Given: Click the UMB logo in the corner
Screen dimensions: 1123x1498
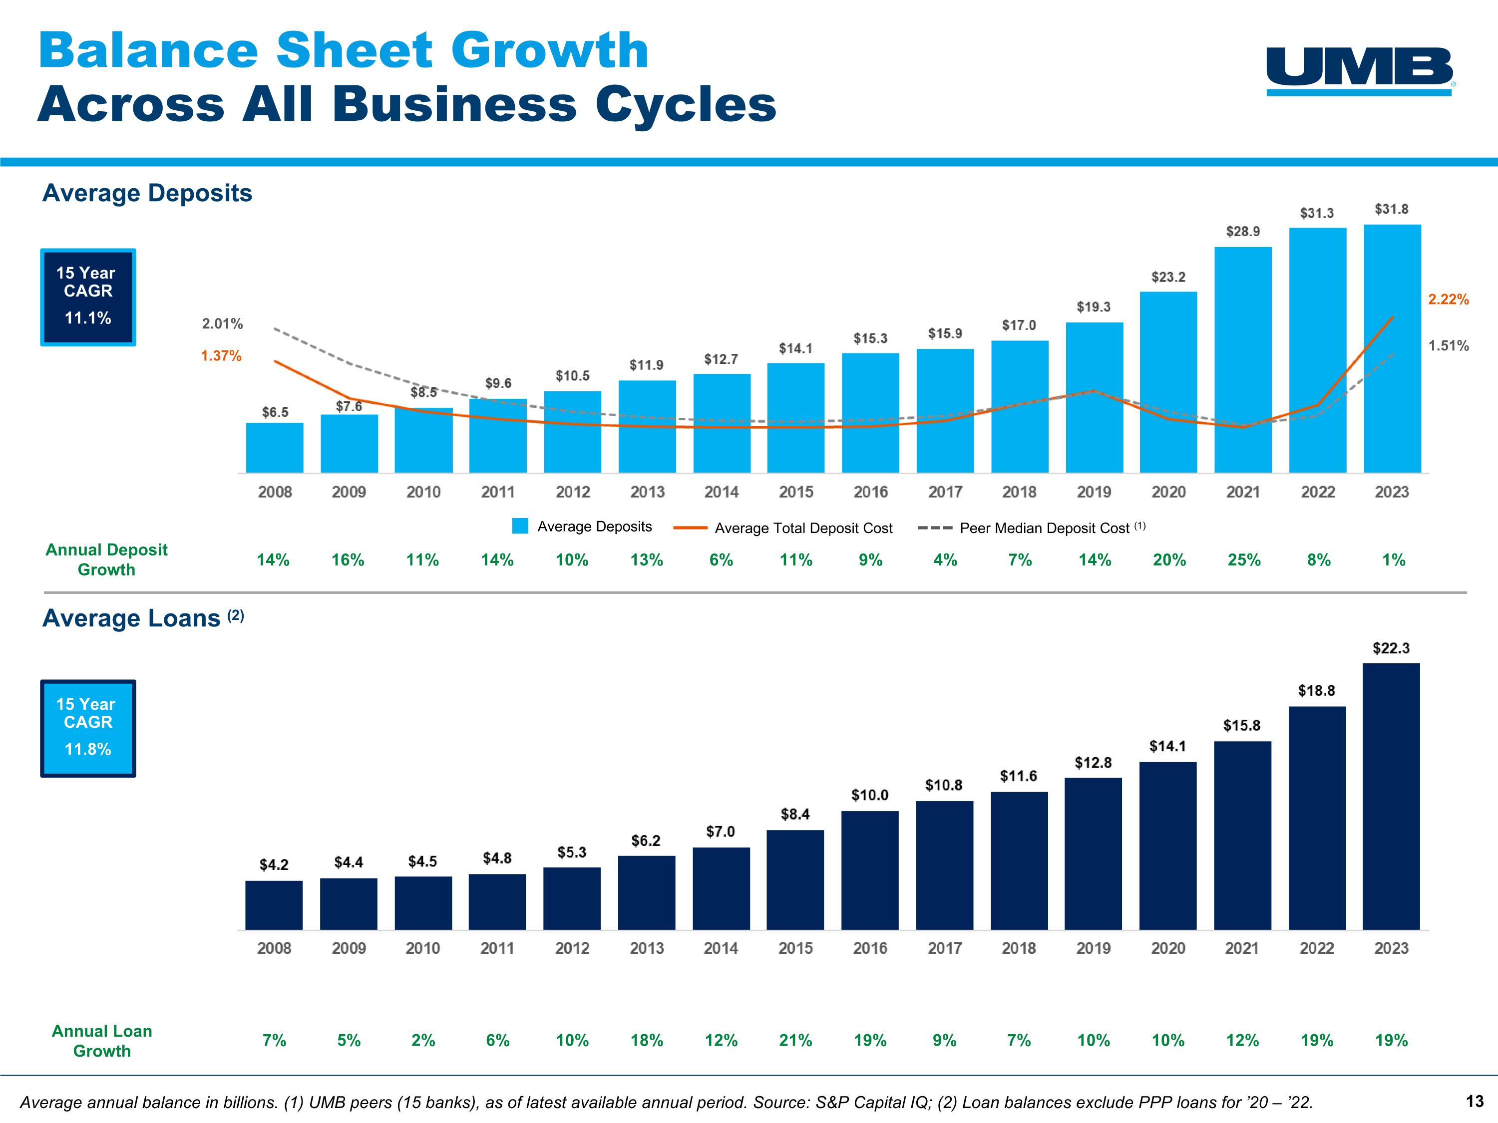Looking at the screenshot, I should coord(1360,70).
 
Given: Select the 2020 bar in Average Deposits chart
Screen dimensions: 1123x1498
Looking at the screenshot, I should coord(1168,382).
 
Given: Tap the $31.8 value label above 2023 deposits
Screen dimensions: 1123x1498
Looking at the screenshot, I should coord(1391,209).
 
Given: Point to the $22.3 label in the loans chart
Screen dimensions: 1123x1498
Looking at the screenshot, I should coord(1390,648).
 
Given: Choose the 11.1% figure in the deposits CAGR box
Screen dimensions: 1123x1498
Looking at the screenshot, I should coord(88,318).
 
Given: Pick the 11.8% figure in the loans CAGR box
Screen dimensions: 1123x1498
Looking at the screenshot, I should coord(88,749).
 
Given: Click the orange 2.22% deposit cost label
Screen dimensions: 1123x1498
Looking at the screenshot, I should coord(1448,299).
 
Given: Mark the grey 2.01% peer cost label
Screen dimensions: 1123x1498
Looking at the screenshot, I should coord(222,323).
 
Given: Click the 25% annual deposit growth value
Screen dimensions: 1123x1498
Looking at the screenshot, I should coord(1243,560).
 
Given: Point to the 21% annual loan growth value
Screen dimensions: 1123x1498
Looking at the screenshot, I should coord(795,1041).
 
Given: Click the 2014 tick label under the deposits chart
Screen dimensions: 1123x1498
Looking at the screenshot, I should coord(721,492).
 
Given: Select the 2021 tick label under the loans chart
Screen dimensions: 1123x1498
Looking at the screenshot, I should coord(1242,948).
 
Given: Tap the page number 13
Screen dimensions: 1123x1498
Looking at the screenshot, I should coord(1475,1102).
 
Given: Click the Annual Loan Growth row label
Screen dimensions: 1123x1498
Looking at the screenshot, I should coord(102,1041).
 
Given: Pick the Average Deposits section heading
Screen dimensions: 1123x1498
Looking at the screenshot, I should coord(147,193).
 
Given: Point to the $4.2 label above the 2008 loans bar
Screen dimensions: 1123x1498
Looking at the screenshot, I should coord(274,864).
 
